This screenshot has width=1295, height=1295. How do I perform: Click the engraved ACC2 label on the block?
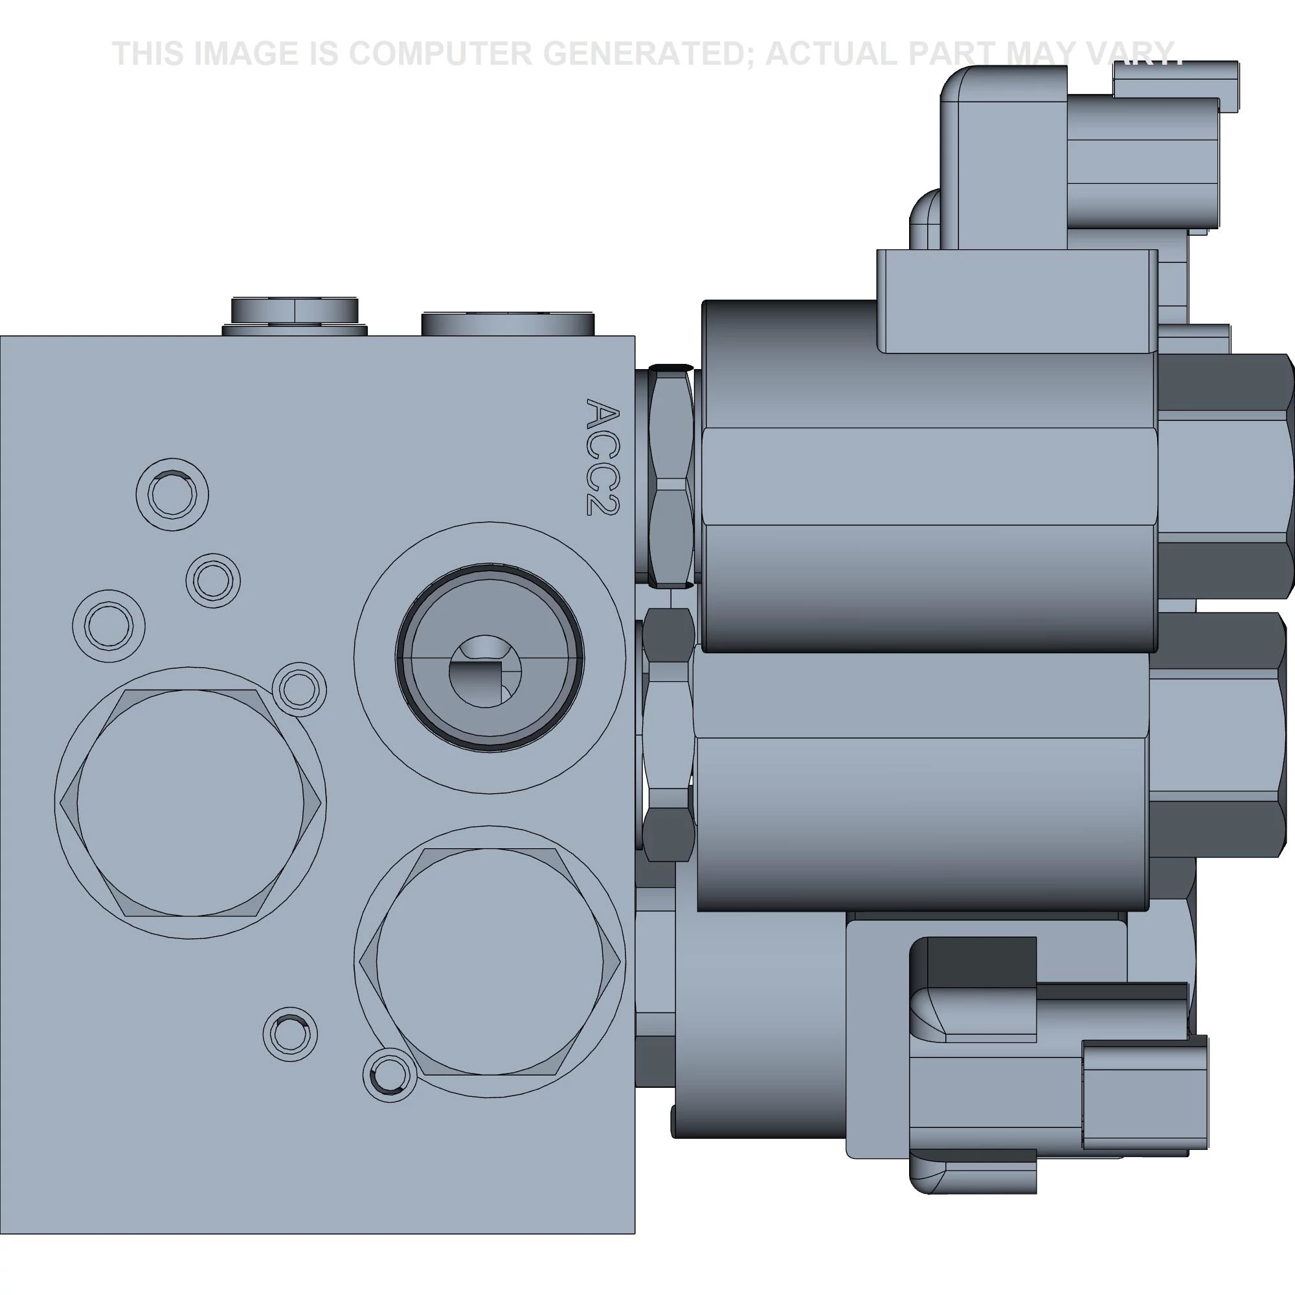pyautogui.click(x=603, y=458)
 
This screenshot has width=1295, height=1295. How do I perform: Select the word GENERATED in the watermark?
pyautogui.click(x=655, y=54)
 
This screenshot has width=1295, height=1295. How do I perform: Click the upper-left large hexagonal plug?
pyautogui.click(x=190, y=802)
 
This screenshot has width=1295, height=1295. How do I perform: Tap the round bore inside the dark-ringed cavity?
pyautogui.click(x=484, y=671)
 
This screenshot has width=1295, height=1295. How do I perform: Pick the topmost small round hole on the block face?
pyautogui.click(x=172, y=495)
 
